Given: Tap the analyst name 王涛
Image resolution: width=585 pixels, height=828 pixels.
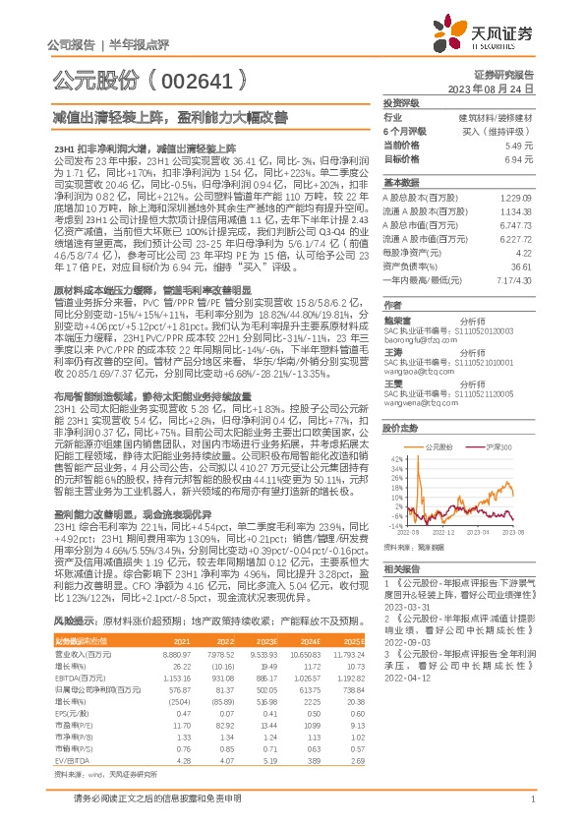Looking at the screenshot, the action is point(393,351).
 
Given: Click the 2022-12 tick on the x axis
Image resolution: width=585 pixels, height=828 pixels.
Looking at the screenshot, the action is point(447,531).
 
